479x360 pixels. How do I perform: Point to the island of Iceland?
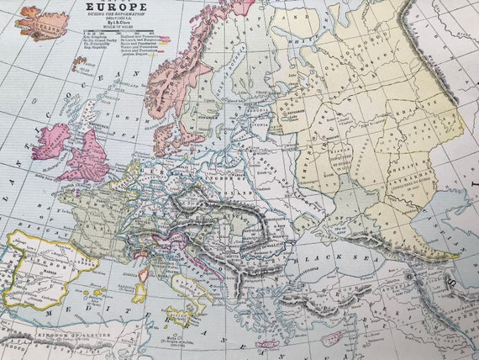45,23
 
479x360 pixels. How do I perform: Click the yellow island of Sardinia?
139,291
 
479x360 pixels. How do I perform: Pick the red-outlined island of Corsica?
145,272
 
